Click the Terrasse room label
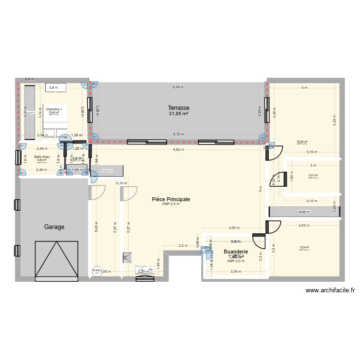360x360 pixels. [x=178, y=108]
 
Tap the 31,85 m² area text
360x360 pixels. [x=178, y=114]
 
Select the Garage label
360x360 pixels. [x=54, y=227]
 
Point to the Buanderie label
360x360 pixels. [x=236, y=251]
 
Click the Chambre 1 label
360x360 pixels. [x=54, y=109]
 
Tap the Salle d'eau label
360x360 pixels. [x=42, y=157]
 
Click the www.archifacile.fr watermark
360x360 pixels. [x=330, y=290]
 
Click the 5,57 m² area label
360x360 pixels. [x=313, y=175]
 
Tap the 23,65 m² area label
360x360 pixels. [x=302, y=142]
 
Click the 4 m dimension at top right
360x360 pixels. [x=304, y=87]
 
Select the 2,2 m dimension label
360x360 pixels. [x=183, y=246]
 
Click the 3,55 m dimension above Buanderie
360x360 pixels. [x=234, y=228]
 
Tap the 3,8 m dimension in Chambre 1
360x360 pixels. [x=53, y=87]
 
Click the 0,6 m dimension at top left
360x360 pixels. [x=29, y=79]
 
